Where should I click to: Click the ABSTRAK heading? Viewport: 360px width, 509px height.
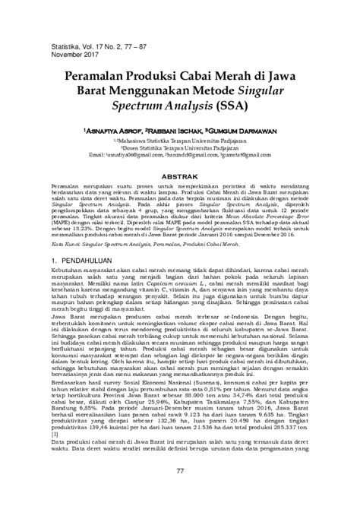pyautogui.click(x=181, y=174)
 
